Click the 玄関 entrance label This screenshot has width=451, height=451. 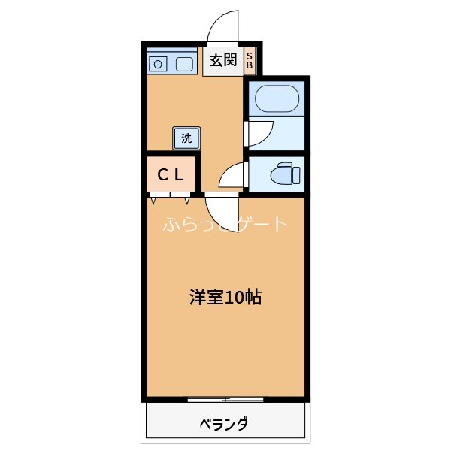[x=222, y=61]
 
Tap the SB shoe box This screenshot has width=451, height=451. [x=250, y=61]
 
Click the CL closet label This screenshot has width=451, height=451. [x=171, y=175]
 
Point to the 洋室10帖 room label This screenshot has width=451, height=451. [x=225, y=297]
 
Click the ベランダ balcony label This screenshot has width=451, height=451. [x=224, y=424]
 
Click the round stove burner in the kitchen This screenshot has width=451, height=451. [x=159, y=64]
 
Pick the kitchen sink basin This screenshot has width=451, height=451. [x=185, y=64]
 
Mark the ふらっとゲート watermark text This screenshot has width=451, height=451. [x=225, y=224]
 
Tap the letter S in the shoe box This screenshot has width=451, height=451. [x=250, y=56]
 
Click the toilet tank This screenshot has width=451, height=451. [x=298, y=174]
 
